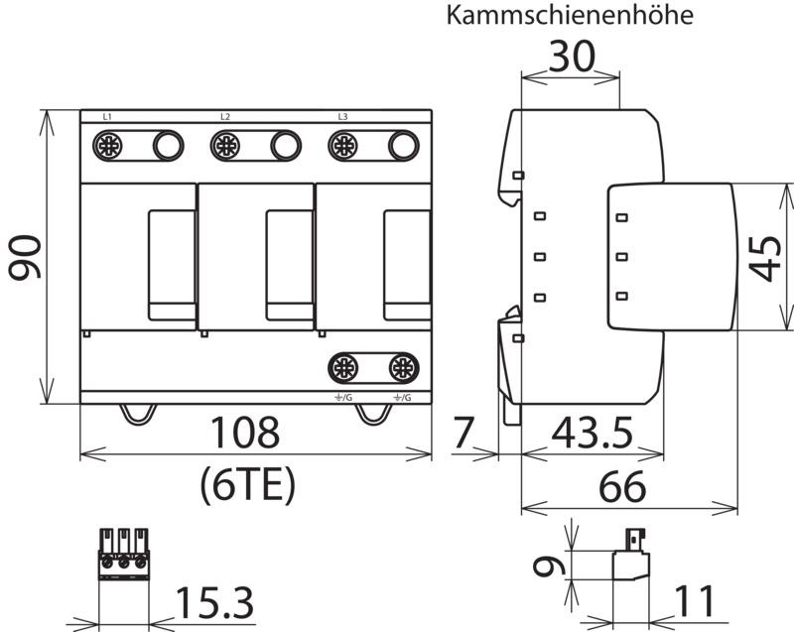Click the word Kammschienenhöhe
pos(570,15)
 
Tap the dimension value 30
pos(572,57)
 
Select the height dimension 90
pos(25,258)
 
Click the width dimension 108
pos(244,433)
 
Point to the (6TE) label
pos(247,485)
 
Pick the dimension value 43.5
pos(592,434)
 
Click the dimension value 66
pos(622,487)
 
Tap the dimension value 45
pos(764,258)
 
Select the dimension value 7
pos(463,433)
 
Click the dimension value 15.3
pos(214,602)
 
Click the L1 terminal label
pos(107,117)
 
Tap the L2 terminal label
pos(225,117)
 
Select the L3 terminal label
pos(342,117)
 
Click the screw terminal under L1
pos(108,146)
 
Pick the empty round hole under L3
pos(404,146)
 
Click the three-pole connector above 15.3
pos(124,554)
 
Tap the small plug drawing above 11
pos(631,554)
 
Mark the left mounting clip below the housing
pos(137,415)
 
